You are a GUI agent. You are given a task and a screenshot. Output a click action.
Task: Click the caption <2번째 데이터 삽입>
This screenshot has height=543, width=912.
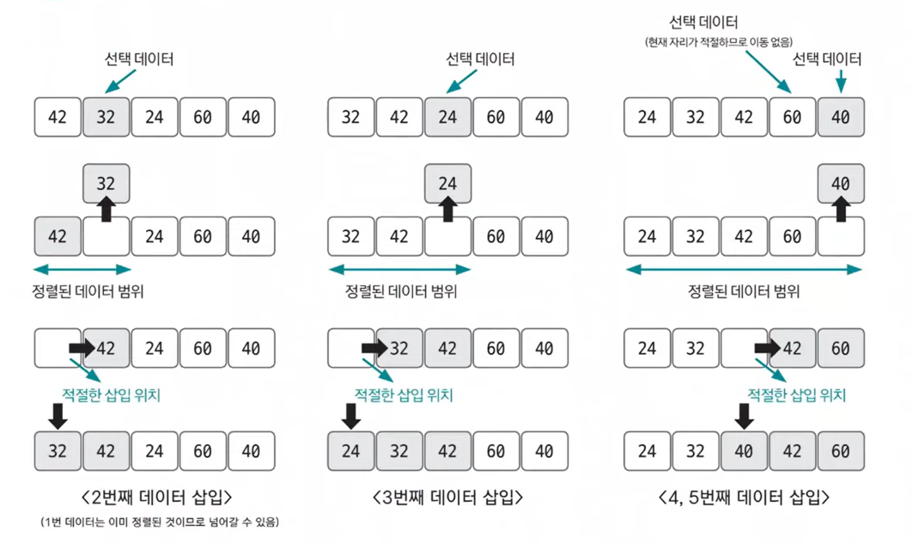click(x=155, y=497)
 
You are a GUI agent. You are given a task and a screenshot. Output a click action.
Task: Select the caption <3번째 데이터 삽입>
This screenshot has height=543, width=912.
click(x=447, y=497)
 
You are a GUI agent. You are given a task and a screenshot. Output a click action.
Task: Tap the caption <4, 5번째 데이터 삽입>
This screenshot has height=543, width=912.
click(x=744, y=497)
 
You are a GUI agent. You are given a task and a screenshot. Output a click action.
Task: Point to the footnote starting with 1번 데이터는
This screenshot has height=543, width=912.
click(x=160, y=522)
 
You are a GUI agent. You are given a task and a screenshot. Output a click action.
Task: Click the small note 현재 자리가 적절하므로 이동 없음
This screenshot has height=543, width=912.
click(x=717, y=42)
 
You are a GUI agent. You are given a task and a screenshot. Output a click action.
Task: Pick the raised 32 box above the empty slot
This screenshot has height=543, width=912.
click(x=106, y=184)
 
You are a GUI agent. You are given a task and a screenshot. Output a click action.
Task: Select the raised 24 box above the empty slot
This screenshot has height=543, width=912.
click(x=447, y=184)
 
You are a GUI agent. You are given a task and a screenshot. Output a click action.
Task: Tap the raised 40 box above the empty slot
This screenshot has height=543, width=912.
click(x=841, y=184)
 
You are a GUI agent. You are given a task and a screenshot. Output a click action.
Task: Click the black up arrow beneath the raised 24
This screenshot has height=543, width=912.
click(x=447, y=210)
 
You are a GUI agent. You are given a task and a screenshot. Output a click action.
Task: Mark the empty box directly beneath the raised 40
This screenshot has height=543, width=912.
click(x=841, y=236)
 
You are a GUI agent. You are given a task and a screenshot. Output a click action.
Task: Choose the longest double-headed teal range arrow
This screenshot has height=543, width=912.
click(x=744, y=270)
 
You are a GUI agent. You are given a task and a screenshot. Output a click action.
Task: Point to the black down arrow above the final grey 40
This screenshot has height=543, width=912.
click(x=745, y=417)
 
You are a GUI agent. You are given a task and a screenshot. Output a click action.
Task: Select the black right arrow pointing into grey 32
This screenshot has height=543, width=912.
click(x=375, y=349)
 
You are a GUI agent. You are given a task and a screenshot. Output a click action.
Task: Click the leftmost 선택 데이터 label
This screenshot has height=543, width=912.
click(x=139, y=59)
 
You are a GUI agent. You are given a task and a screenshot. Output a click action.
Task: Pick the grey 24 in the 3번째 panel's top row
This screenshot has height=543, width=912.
click(x=447, y=117)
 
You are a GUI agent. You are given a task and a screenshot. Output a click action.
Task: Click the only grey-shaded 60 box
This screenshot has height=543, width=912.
click(x=841, y=349)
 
